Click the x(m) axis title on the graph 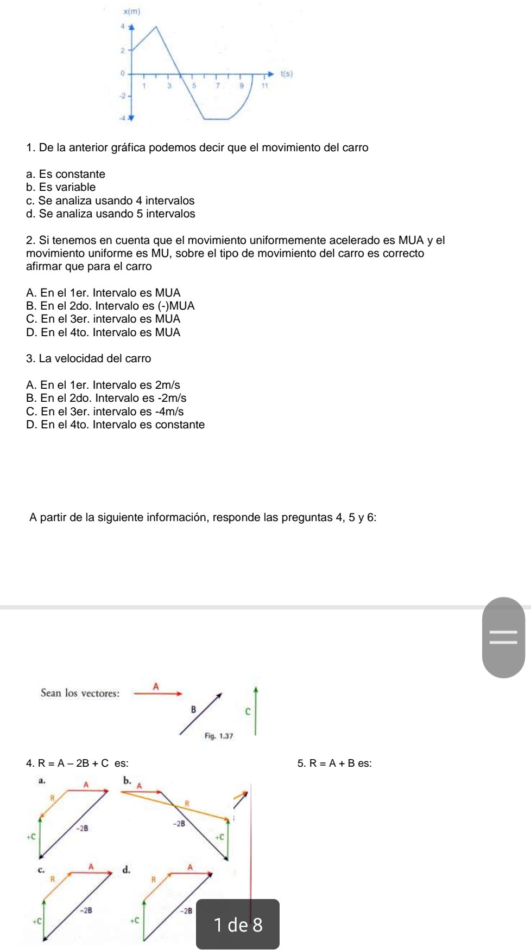131,11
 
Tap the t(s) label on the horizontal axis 286,74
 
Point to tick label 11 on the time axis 265,86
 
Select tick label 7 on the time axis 218,86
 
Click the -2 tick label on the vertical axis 122,95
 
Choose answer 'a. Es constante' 66,174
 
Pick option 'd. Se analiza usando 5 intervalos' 110,214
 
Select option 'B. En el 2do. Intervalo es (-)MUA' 110,306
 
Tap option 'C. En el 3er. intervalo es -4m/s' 105,412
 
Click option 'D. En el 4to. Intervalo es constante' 115,425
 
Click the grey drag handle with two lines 503,637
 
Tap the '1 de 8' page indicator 238,925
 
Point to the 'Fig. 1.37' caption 219,736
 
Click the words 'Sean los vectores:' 80,693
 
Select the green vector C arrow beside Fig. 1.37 255,711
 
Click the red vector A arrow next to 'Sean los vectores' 158,693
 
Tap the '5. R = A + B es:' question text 334,763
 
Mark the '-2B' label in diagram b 179,824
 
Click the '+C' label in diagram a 31,837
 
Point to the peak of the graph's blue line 156,26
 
